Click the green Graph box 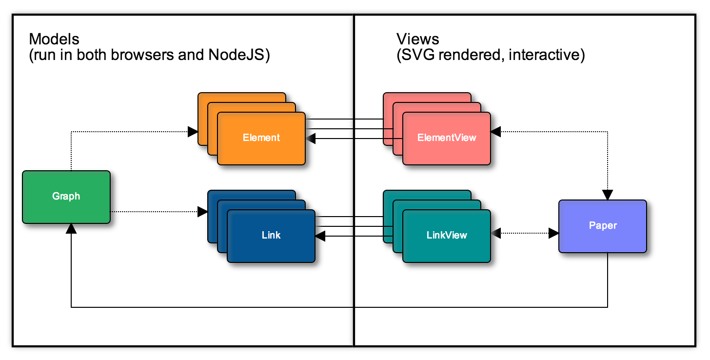tap(66, 197)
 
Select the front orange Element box tap(261, 138)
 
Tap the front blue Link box tap(271, 236)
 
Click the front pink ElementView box tap(447, 138)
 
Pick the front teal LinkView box tap(447, 236)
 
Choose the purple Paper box tap(603, 226)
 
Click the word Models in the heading tap(54, 39)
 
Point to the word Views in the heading tap(418, 39)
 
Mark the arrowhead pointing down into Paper tap(608, 195)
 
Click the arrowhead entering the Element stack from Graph tap(193, 131)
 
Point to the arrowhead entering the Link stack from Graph tap(202, 212)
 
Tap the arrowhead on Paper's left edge tap(553, 233)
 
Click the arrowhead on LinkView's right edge tap(496, 233)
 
